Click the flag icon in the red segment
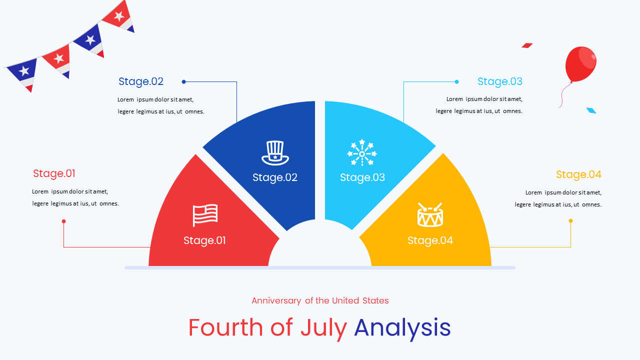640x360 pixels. point(205,215)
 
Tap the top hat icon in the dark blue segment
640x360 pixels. point(275,152)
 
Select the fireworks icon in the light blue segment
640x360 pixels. point(362,152)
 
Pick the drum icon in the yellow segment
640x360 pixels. point(430,215)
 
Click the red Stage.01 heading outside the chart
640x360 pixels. point(54,173)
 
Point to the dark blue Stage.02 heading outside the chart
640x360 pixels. point(141,81)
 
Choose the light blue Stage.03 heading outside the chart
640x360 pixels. point(499,81)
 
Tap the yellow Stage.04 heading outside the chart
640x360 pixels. point(578,174)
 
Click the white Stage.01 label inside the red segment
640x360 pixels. point(204,240)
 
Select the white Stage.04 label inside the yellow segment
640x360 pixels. point(430,240)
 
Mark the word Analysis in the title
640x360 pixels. point(402,327)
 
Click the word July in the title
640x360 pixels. point(323,327)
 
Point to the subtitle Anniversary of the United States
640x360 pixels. point(320,300)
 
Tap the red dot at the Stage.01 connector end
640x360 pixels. point(63,221)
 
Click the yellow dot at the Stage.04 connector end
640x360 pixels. point(570,220)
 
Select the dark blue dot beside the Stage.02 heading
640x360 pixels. point(183,81)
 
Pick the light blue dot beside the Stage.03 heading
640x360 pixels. point(456,81)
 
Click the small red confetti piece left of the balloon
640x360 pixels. point(527,45)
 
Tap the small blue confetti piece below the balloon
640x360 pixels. point(591,110)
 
